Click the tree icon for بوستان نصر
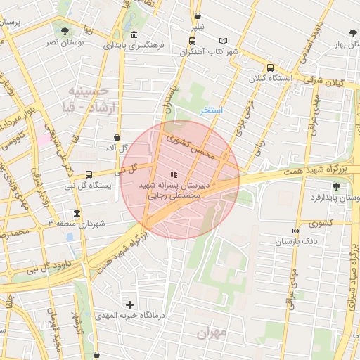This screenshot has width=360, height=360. (65, 31)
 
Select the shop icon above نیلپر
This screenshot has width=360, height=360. (198, 16)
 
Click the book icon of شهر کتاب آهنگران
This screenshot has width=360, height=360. (224, 41)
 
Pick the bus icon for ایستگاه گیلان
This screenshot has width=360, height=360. (270, 67)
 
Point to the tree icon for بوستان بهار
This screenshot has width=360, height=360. (353, 32)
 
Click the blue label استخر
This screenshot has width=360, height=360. (211, 110)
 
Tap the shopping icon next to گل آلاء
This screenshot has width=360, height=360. (117, 137)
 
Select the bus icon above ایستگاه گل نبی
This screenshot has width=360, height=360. (89, 174)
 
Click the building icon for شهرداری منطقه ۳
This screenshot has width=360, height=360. (76, 213)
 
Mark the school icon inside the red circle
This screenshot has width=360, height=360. (173, 174)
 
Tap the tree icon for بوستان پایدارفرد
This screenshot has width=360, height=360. (335, 186)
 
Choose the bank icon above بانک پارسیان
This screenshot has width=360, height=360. (295, 231)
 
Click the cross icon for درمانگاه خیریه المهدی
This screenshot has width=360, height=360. (129, 304)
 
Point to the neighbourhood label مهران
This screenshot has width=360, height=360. (213, 332)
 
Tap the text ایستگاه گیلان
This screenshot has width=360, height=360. (270, 79)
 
